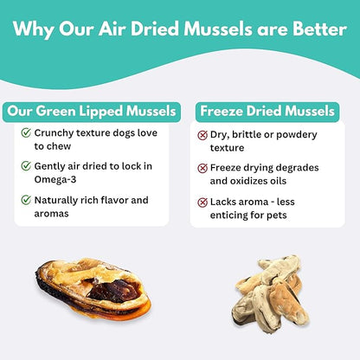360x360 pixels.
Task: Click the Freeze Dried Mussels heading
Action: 266,111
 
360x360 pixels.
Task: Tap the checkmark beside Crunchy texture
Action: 25,134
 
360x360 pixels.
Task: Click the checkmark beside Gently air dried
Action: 25,167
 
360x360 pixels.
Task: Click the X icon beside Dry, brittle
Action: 202,135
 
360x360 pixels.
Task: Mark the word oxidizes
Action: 267,181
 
